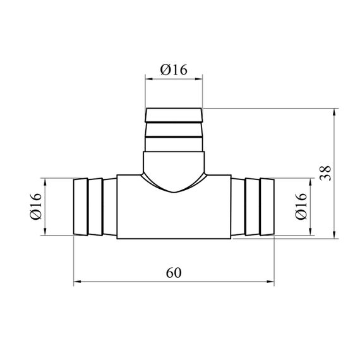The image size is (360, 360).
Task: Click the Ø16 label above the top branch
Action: coord(174,70)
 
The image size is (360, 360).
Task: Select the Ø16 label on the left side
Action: coord(36,207)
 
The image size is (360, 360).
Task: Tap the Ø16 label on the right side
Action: coord(301,207)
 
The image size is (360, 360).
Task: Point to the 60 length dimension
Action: coord(174,273)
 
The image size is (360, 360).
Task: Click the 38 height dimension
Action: coord(325,173)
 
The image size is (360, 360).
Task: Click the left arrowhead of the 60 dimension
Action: coord(77,282)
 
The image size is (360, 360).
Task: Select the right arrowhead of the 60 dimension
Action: coord(270,282)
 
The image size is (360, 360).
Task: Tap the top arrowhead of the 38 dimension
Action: coord(334,112)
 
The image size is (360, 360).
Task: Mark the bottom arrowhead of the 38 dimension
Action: coord(334,235)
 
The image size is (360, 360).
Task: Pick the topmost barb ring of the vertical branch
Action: coord(174,115)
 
